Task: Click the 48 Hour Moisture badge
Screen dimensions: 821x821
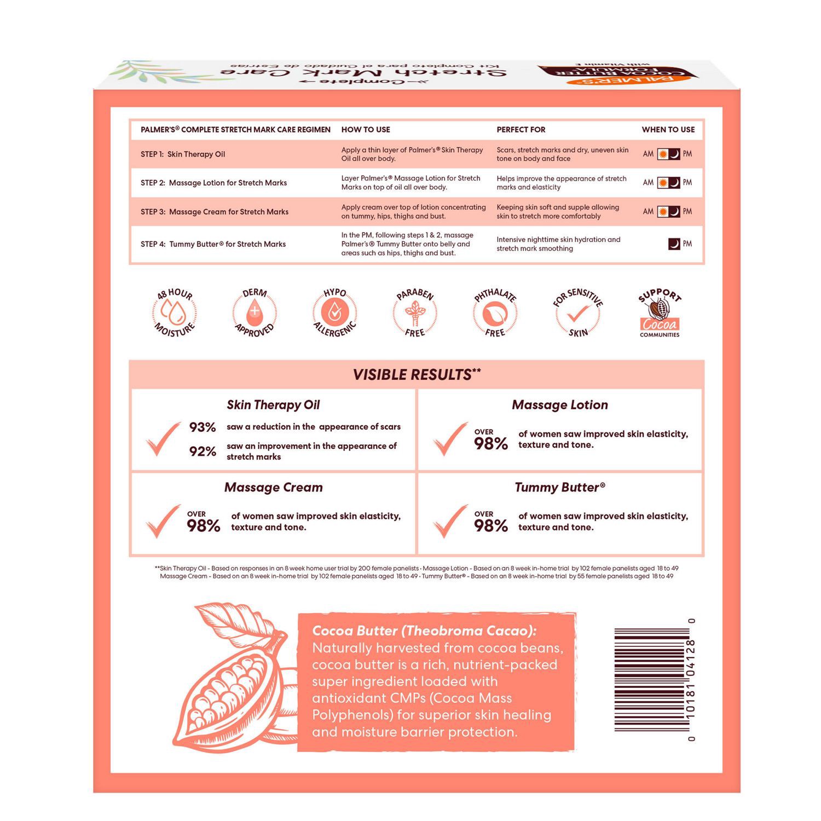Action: pos(174,313)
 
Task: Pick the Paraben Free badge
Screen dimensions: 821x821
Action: pos(415,313)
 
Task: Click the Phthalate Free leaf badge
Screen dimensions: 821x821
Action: pos(495,313)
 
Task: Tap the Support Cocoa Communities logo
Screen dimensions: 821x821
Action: pos(660,313)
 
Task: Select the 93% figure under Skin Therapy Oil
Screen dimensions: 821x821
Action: pos(203,427)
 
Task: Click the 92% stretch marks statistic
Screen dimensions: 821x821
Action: pos(203,452)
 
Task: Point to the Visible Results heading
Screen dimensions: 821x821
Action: pos(417,375)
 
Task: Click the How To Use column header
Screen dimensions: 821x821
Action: pos(366,130)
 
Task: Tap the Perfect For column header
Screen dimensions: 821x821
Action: pos(521,130)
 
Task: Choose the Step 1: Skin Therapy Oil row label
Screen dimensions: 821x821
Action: pos(183,154)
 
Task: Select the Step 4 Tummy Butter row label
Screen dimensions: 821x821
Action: pos(213,244)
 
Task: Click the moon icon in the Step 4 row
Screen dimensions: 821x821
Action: pos(674,244)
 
